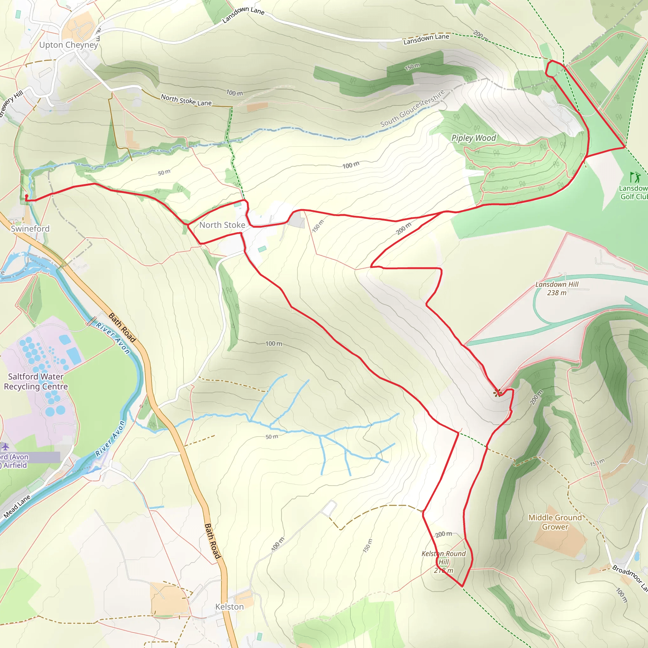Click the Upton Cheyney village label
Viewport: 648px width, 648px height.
[x=68, y=45]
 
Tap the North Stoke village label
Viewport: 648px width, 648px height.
[x=222, y=225]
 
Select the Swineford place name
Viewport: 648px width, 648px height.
[x=30, y=229]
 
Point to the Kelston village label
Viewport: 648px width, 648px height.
[x=229, y=607]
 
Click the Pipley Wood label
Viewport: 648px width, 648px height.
[x=473, y=138]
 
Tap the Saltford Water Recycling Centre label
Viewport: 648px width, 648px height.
[x=36, y=381]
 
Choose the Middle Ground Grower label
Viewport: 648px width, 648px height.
[x=555, y=522]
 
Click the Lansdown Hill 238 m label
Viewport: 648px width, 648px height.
[x=557, y=289]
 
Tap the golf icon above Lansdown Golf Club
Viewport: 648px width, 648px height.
[x=635, y=177]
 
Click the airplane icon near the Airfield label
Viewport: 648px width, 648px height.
[x=5, y=447]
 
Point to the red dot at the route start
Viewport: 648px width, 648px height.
[x=27, y=196]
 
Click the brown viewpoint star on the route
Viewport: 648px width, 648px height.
[x=498, y=393]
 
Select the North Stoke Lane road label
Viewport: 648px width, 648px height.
[x=186, y=100]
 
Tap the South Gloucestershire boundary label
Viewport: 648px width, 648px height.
[x=413, y=108]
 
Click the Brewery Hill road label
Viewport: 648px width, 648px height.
[x=11, y=103]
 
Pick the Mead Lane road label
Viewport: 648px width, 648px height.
[x=17, y=507]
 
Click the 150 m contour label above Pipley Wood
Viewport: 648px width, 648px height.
[x=412, y=67]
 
